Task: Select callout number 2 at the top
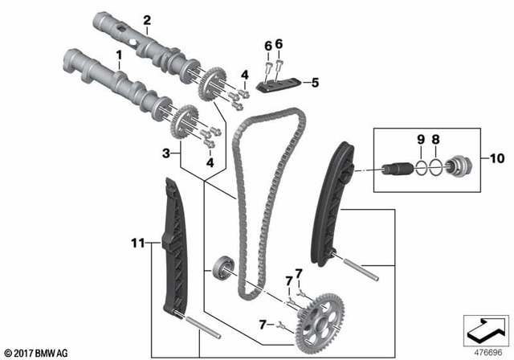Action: (147, 19)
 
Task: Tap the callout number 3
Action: (165, 151)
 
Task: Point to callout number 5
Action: (316, 81)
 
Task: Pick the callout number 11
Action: (137, 239)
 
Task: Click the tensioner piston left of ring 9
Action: (399, 170)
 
